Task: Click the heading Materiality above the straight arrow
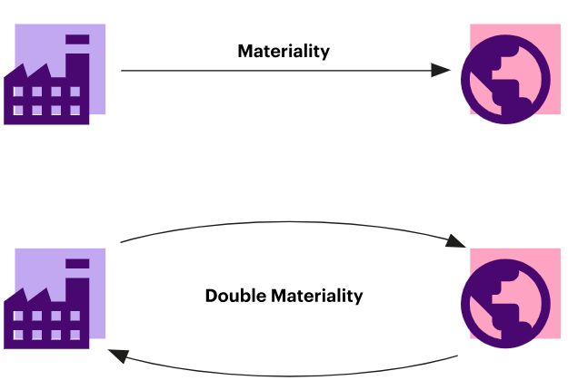284,51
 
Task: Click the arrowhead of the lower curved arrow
115,355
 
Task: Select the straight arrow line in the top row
273,70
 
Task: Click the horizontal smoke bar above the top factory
78,40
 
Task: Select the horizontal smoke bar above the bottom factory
78,263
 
